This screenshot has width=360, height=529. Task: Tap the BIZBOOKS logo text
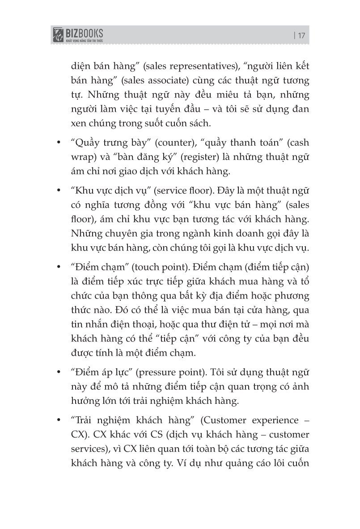coord(85,32)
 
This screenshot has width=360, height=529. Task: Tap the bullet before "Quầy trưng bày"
coord(58,143)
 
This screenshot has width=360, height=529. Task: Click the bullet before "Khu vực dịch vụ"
coord(58,191)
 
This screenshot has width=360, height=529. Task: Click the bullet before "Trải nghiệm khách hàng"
coord(58,420)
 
